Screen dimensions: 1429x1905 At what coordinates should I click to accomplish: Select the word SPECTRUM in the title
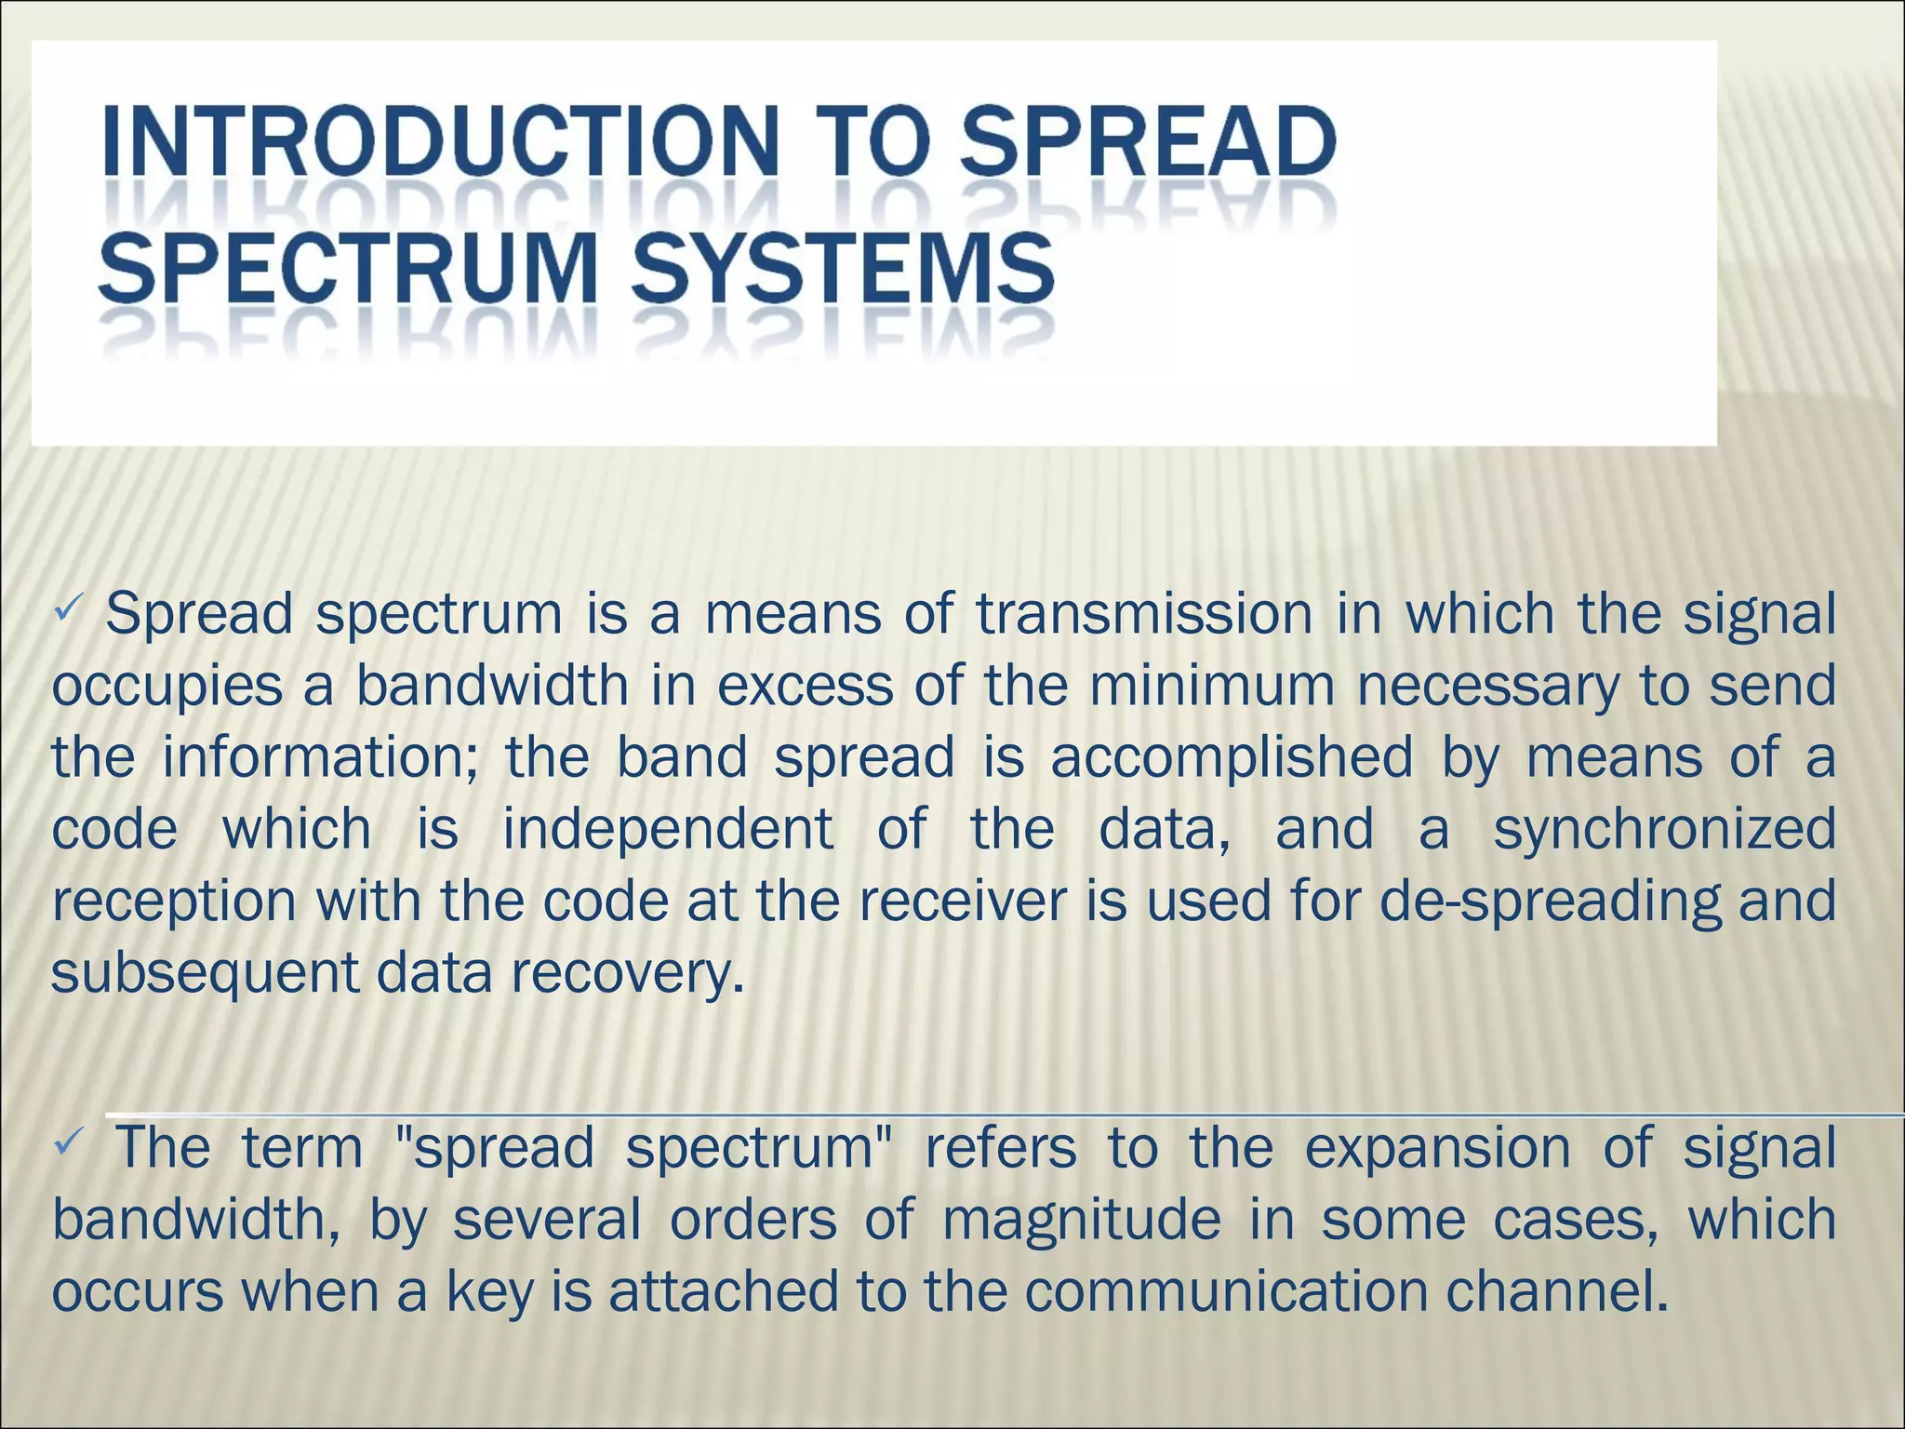tap(348, 267)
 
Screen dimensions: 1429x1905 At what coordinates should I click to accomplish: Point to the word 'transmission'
tap(1143, 615)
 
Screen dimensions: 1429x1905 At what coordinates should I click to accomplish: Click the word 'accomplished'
tap(1232, 757)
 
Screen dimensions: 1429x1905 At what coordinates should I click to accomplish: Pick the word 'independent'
tap(667, 829)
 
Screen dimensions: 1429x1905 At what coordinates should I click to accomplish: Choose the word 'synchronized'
tap(1664, 831)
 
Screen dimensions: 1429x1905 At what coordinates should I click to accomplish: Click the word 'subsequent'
tap(205, 974)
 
